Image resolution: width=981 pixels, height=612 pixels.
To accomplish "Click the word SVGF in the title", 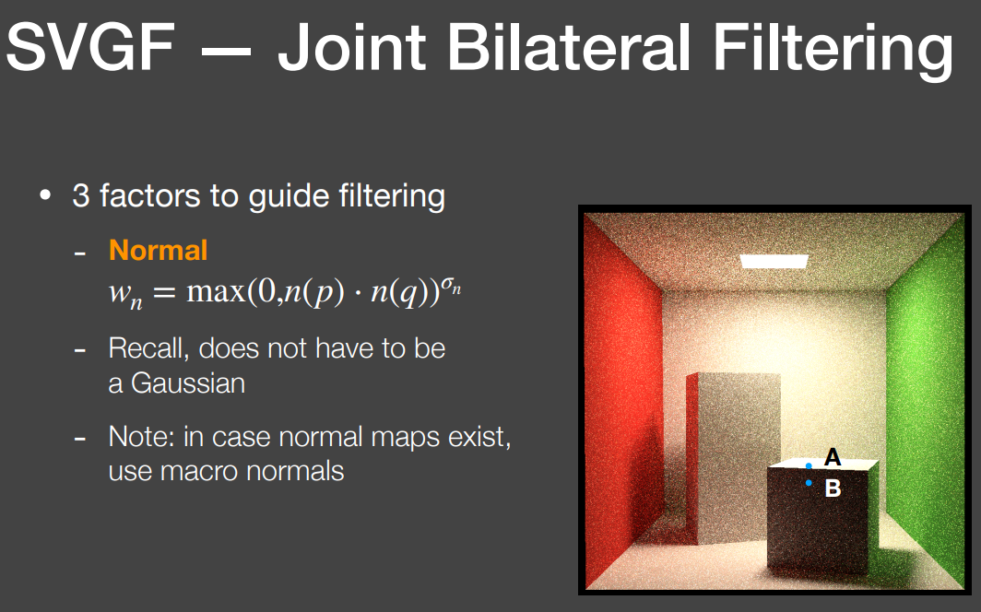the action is (x=90, y=48).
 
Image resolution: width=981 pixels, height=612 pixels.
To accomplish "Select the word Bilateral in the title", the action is (x=569, y=48).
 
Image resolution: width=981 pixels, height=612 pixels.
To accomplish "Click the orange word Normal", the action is (x=158, y=250).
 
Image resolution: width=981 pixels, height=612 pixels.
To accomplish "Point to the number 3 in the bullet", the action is (x=81, y=195).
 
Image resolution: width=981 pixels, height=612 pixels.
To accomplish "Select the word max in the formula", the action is (x=215, y=291).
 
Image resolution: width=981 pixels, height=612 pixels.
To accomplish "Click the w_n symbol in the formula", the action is (x=125, y=294).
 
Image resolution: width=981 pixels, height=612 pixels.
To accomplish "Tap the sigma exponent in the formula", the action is (x=451, y=285).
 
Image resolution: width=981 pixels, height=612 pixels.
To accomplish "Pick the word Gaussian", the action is (x=188, y=383).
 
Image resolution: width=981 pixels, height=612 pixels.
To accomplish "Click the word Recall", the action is (x=148, y=348).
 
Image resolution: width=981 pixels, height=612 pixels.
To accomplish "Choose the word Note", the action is (x=141, y=436).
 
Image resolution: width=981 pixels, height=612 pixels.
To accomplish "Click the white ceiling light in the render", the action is (x=774, y=262).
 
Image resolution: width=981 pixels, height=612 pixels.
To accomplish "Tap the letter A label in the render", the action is (x=832, y=457).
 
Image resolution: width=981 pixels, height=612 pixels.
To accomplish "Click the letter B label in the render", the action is (x=833, y=488).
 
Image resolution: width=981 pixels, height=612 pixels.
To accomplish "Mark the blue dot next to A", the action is (x=809, y=465).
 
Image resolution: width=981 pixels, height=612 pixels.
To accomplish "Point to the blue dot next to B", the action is (x=809, y=483).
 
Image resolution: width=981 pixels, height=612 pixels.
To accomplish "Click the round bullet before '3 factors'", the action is (x=45, y=195).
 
